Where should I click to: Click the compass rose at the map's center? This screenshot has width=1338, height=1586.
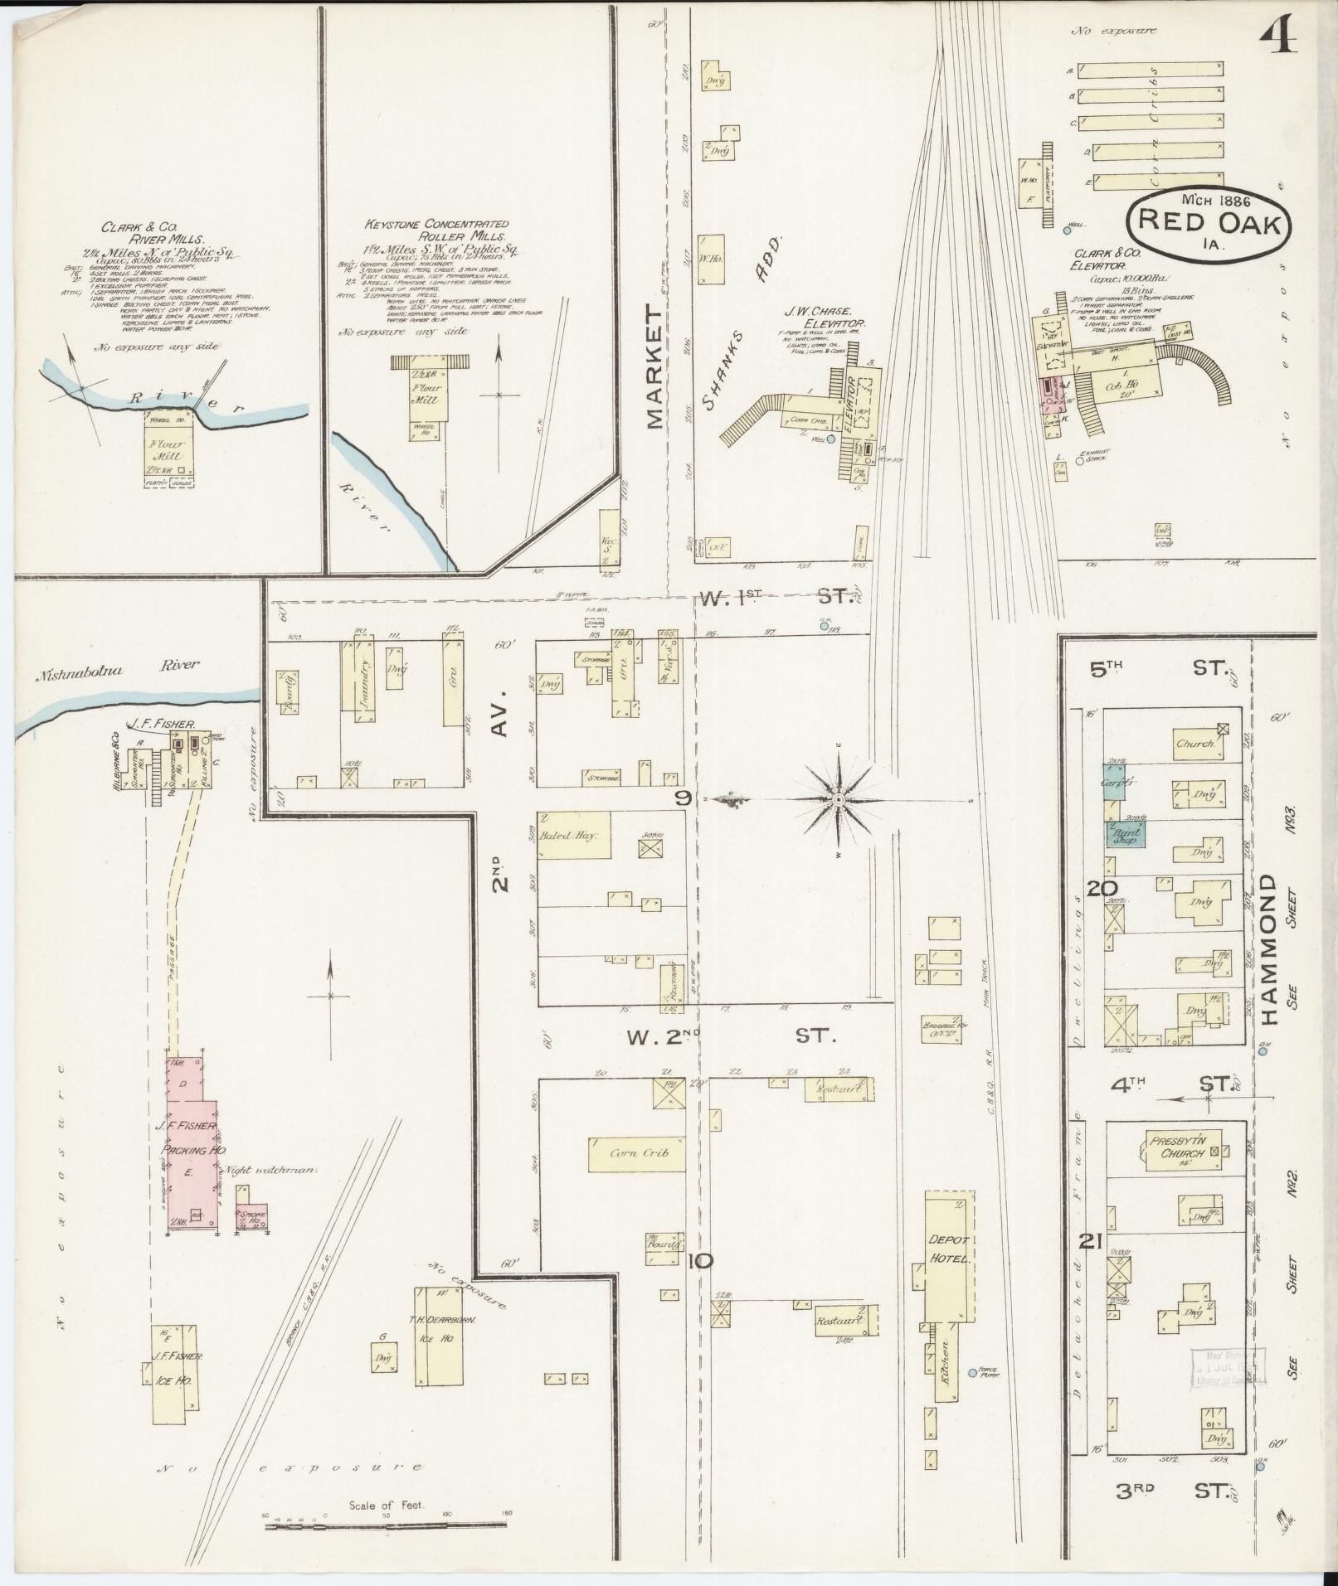[x=839, y=799]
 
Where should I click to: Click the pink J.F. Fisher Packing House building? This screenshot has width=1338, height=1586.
[x=192, y=1148]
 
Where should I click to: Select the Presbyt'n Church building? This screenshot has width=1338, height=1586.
[x=1183, y=1148]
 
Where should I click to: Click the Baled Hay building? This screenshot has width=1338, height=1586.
[x=574, y=836]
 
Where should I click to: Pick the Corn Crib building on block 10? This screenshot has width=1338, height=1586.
[x=635, y=1153]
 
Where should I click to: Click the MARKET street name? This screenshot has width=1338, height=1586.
[x=654, y=366]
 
